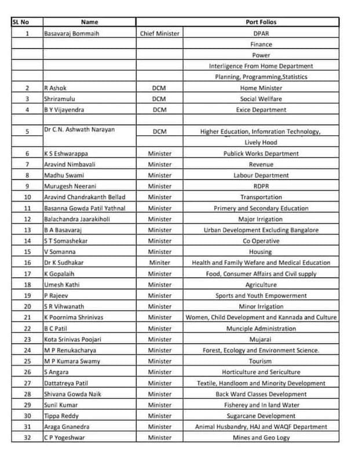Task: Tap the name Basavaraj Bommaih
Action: tap(71, 34)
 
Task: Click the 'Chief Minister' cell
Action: tap(160, 34)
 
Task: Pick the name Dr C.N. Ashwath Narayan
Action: tap(79, 129)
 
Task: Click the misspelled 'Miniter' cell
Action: tap(160, 263)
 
